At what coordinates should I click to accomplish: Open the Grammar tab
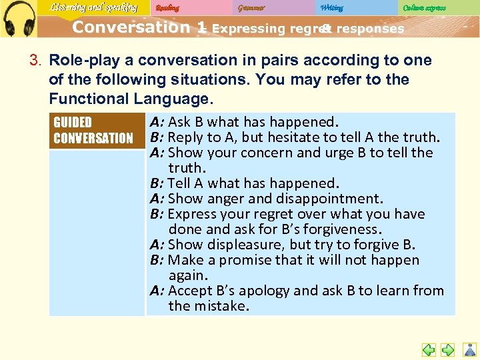(x=251, y=8)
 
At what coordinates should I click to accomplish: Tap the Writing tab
(x=331, y=8)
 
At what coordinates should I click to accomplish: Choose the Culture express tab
(x=424, y=8)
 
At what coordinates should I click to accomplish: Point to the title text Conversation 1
(x=139, y=28)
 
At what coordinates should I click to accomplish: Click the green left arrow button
(x=429, y=349)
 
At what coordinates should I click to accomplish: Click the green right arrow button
(x=448, y=349)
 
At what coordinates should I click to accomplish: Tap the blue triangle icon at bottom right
(x=469, y=349)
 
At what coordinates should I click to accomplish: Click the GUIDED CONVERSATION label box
(x=96, y=130)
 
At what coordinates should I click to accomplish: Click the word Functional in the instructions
(x=85, y=99)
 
